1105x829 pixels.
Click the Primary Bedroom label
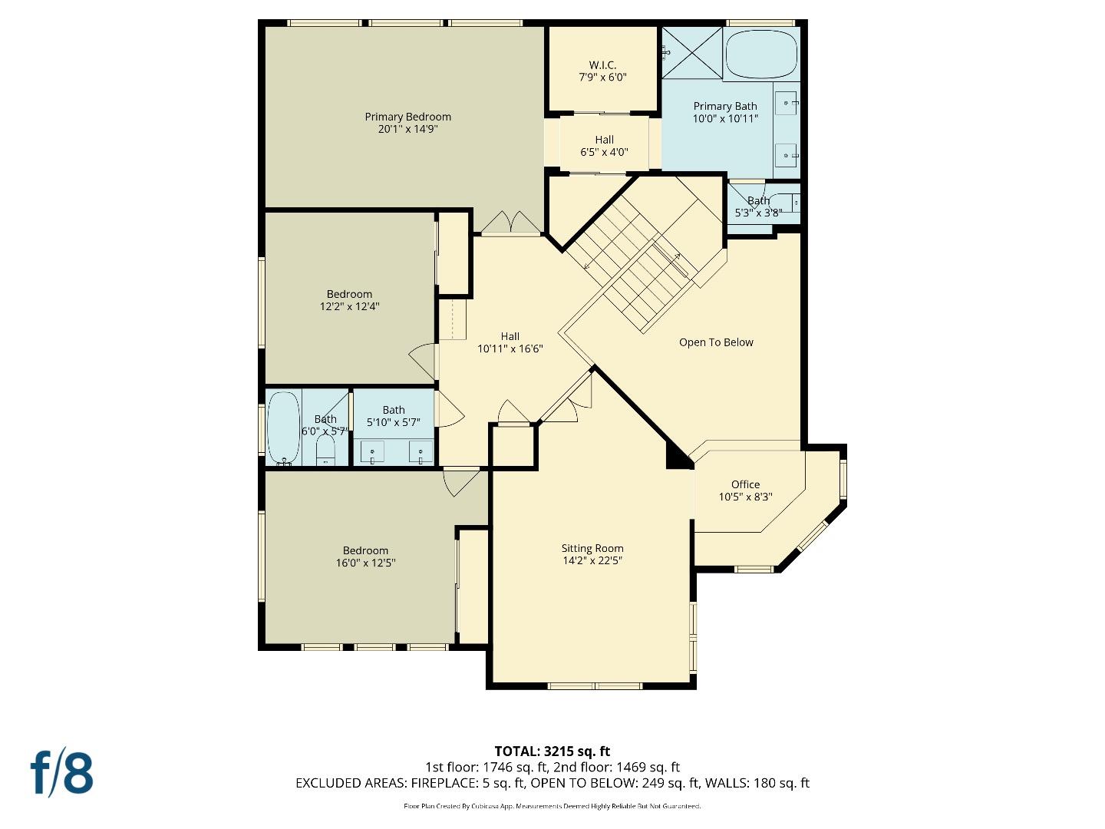coord(407,117)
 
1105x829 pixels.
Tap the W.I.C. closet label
coord(602,65)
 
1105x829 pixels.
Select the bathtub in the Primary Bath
coord(761,54)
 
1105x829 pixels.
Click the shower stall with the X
coord(691,52)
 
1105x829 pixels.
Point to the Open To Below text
coord(716,342)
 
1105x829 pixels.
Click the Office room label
coord(745,484)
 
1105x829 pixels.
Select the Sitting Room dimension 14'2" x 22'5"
coord(592,560)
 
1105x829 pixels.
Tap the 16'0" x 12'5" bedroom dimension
coord(365,563)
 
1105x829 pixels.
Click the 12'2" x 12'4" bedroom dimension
coord(349,306)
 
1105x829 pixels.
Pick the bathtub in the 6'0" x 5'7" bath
coord(283,428)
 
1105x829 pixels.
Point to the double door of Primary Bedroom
coord(510,223)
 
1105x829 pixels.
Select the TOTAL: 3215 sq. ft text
coord(552,751)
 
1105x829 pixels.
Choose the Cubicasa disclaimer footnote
coord(552,806)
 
